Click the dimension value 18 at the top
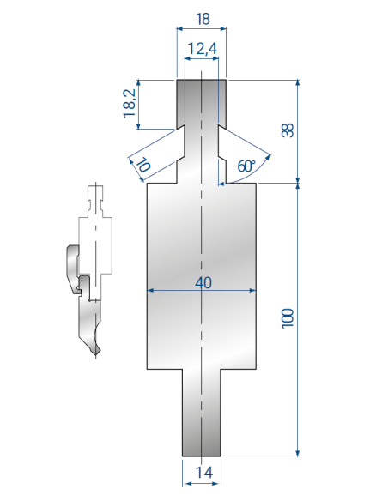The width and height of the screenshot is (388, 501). [x=203, y=19]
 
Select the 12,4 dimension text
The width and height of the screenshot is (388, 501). [x=202, y=49]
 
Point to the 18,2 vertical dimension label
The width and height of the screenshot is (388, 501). [x=130, y=103]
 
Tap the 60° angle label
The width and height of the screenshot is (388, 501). [x=246, y=166]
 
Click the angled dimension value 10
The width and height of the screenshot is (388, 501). [x=144, y=165]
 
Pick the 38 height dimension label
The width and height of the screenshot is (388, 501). [x=287, y=130]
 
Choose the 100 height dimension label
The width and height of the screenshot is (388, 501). [x=288, y=318]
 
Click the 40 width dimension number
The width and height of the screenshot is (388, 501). [x=203, y=283]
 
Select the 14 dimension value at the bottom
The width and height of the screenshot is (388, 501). [x=204, y=472]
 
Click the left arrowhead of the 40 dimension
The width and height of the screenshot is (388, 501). [x=150, y=291]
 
